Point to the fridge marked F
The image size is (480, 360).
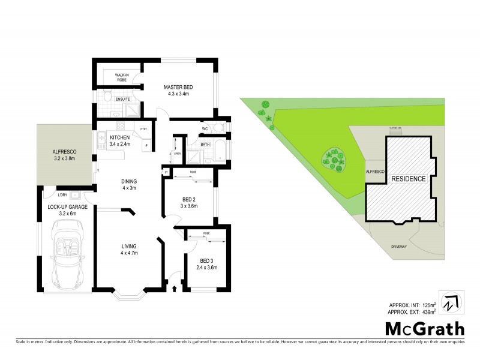[146, 146]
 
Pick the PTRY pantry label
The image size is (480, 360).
[143, 129]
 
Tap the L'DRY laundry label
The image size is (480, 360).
[62, 194]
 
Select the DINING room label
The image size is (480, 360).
[129, 184]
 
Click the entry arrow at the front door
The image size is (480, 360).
[175, 289]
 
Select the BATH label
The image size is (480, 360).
[205, 144]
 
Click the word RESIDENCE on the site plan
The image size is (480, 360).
[408, 179]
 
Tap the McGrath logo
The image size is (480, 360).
[424, 329]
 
